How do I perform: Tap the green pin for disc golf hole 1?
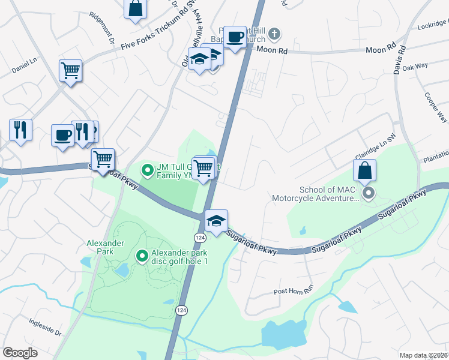pyautogui.click(x=142, y=256)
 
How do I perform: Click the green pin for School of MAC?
pyautogui.click(x=369, y=193)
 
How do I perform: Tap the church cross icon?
pyautogui.click(x=274, y=33)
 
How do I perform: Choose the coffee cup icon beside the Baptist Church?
pyautogui.click(x=235, y=36)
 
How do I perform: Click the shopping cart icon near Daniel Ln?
pyautogui.click(x=71, y=71)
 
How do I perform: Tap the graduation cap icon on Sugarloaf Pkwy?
pyautogui.click(x=216, y=220)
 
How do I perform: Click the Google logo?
pyautogui.click(x=20, y=353)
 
